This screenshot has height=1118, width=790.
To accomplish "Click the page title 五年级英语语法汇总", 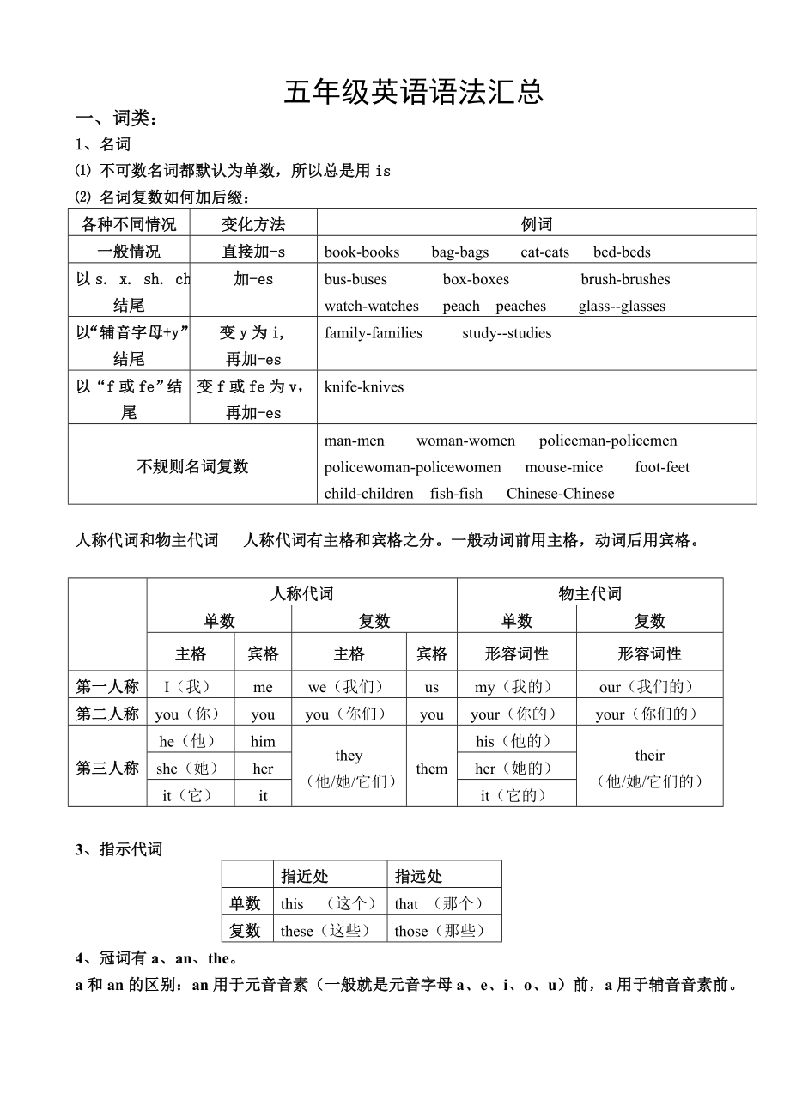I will [414, 93].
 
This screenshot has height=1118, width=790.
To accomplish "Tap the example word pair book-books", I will [362, 252].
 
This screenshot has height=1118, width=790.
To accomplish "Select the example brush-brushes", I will [625, 279].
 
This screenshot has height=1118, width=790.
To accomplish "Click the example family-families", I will [374, 333].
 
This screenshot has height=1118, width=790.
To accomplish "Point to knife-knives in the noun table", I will [364, 386].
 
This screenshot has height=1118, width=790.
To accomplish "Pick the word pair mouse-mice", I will [563, 467].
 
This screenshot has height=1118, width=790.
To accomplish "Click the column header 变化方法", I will [252, 224].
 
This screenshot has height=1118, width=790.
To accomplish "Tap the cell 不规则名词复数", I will [192, 466].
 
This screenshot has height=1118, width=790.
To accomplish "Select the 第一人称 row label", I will [107, 686].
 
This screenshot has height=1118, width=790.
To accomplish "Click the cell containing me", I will [263, 687].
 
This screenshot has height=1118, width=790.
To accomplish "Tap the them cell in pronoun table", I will [431, 769].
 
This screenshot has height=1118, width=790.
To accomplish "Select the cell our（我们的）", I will [649, 687].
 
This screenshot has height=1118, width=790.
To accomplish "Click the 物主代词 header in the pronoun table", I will [589, 593].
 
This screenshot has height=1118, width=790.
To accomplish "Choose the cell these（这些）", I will [329, 931].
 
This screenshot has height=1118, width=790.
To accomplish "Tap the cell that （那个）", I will [443, 903].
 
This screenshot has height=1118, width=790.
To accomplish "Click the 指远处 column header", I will [419, 876].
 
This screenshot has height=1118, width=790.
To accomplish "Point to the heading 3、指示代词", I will [118, 849].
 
